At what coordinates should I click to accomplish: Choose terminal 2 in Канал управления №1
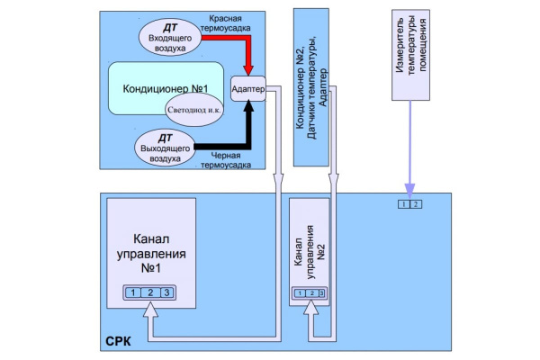(x=148, y=292)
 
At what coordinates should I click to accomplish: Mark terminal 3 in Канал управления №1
(x=166, y=292)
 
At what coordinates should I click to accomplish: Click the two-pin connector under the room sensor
(x=409, y=204)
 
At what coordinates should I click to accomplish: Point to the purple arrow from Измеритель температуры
(x=409, y=148)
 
